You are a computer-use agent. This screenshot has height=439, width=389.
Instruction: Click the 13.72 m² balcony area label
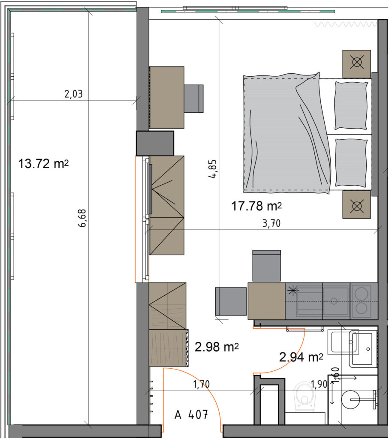pyautogui.click(x=43, y=163)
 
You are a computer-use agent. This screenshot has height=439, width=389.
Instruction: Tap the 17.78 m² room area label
pyautogui.click(x=256, y=206)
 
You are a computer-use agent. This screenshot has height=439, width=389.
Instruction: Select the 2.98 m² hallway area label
pyautogui.click(x=217, y=347)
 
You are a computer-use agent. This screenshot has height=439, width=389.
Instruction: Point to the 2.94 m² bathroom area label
pyautogui.click(x=301, y=357)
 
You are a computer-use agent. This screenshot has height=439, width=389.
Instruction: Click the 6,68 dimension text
pyautogui.click(x=82, y=218)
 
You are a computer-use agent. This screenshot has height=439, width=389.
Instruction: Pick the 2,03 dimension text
pyautogui.click(x=74, y=94)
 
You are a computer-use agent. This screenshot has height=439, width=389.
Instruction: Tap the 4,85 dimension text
pyautogui.click(x=213, y=169)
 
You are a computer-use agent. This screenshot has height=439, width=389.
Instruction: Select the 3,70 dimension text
pyautogui.click(x=271, y=223)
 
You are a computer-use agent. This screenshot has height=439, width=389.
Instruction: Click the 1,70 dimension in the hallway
pyautogui.click(x=201, y=384)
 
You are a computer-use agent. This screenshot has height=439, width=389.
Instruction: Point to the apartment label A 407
pyautogui.click(x=191, y=415)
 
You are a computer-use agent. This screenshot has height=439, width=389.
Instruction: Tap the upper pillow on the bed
pyautogui.click(x=351, y=105)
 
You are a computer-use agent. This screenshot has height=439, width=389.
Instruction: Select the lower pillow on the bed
pyautogui.click(x=351, y=162)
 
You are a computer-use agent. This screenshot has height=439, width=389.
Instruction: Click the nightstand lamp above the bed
pyautogui.click(x=357, y=62)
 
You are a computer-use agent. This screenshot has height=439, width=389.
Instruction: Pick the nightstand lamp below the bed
pyautogui.click(x=357, y=207)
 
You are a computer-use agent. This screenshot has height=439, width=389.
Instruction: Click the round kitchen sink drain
pyautogui.click(x=334, y=301)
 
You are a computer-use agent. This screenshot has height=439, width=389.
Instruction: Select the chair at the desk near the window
pyautogui.click(x=193, y=99)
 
